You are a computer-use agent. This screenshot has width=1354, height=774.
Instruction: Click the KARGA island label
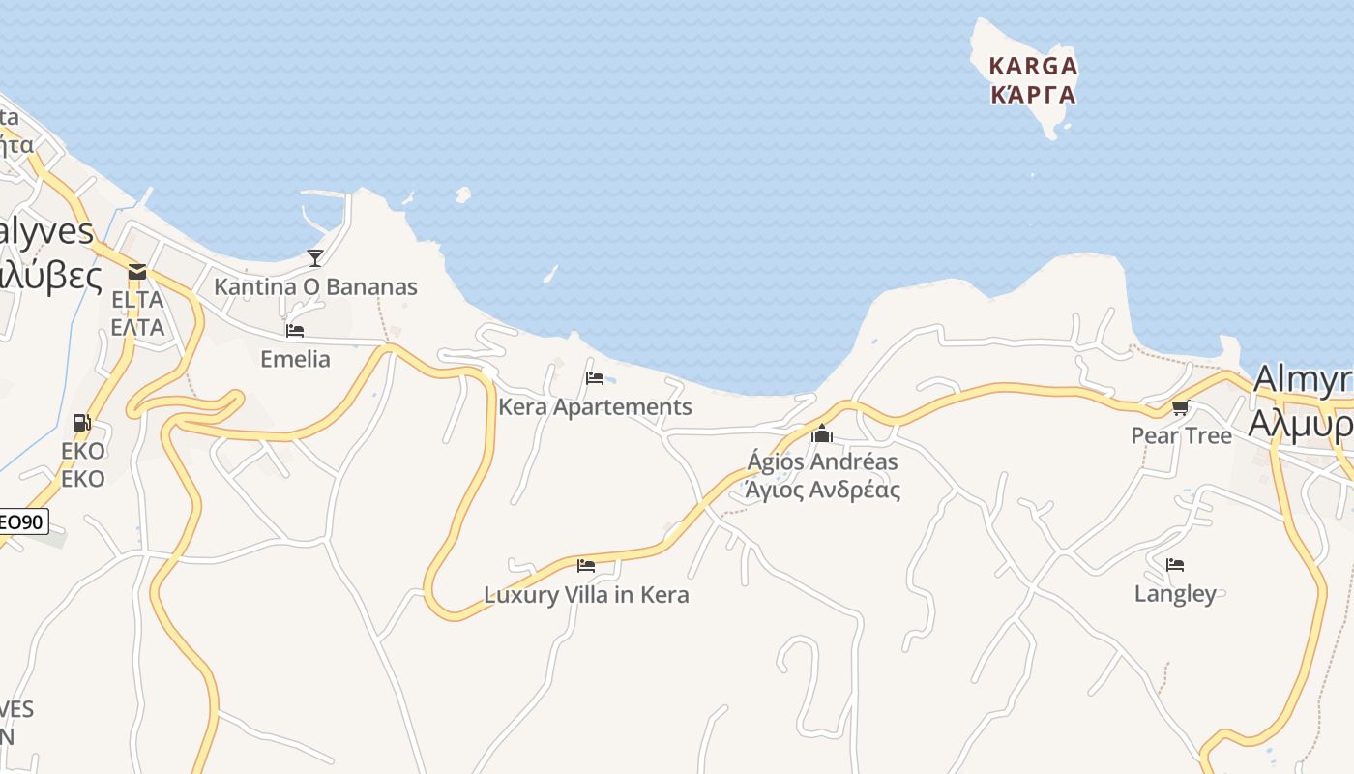point(1032,67)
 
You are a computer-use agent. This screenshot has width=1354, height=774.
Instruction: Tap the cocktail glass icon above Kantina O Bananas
point(315,257)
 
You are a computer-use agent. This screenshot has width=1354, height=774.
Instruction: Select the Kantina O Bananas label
point(315,287)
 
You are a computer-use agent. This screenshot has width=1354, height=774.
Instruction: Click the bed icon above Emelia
point(295,331)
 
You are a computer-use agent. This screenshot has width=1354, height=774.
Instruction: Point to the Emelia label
point(295,359)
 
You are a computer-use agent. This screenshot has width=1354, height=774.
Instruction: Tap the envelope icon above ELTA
point(137,272)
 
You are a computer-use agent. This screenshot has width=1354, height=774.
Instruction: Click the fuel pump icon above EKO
point(82,423)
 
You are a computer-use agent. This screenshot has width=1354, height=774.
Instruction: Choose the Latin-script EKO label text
point(82,451)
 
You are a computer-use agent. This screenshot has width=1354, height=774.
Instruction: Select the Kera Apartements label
point(595,407)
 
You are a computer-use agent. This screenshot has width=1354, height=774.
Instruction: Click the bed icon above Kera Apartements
point(595,378)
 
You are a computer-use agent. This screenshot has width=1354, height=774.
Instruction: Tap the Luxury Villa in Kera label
point(586,594)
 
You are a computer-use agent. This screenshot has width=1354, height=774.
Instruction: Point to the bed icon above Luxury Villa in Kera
point(586,566)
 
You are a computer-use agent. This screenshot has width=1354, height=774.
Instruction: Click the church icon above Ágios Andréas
point(822,433)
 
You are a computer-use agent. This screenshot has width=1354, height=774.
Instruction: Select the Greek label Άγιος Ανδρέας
point(822,490)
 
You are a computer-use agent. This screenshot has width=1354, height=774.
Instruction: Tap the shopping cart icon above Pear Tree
point(1180,408)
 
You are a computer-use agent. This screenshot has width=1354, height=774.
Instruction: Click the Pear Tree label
point(1181,436)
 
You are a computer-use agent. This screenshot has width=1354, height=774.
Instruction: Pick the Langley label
point(1175,593)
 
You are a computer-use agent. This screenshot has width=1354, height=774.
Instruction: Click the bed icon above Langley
point(1175,565)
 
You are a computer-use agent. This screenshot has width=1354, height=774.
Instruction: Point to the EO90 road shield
point(21,522)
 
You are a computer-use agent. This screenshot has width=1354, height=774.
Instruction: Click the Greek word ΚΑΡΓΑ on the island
point(1033,95)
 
